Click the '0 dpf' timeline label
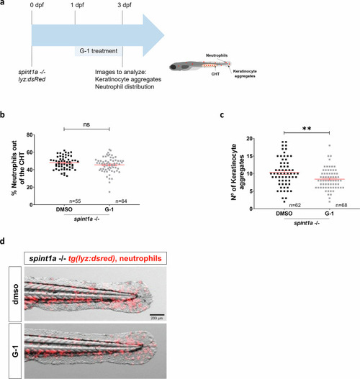(37, 5)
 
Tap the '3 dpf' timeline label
(125, 5)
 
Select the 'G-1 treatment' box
(99, 51)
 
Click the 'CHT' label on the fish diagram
(215, 74)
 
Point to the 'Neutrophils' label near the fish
(217, 55)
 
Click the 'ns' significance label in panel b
(86, 124)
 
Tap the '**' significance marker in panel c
(307, 129)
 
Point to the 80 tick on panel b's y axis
(30, 134)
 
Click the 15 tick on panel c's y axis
(249, 156)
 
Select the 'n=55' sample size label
(75, 201)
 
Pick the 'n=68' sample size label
(341, 205)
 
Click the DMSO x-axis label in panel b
(64, 209)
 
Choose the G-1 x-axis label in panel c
(329, 214)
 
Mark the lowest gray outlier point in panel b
(109, 192)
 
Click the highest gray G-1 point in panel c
(329, 145)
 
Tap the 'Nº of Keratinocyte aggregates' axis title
(238, 172)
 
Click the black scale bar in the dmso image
(157, 315)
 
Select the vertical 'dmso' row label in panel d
(15, 294)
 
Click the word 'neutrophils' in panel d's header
(140, 258)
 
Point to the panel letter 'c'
(222, 115)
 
